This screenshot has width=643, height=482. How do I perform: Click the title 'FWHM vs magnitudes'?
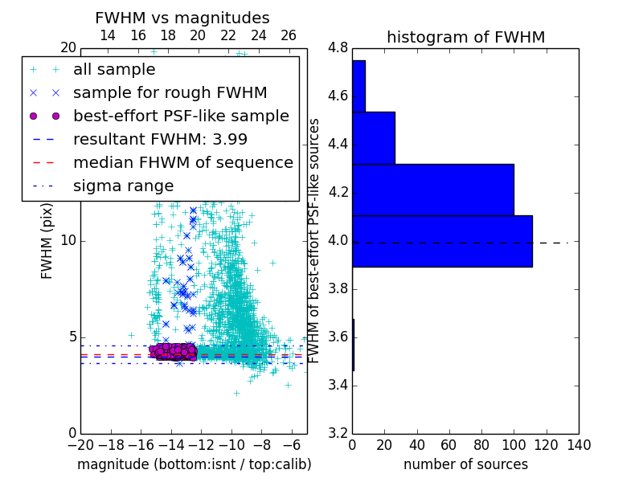tap(182, 18)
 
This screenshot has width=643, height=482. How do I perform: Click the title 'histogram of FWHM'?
tap(465, 37)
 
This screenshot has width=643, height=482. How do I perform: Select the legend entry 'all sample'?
tap(114, 70)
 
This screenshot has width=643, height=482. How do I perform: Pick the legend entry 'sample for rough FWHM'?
tap(170, 92)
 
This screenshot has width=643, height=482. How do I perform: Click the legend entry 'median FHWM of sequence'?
tap(182, 162)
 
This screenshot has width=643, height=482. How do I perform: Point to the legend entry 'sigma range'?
tap(123, 186)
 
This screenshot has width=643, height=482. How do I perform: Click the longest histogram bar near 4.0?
tap(442, 241)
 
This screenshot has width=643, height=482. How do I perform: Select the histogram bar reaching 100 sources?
tap(433, 190)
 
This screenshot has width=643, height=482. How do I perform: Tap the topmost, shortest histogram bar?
tap(358, 86)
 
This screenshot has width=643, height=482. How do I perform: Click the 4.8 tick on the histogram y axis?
tap(338, 48)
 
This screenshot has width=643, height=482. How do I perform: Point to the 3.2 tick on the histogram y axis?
tap(338, 434)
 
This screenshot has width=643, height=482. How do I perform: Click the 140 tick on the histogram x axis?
tap(579, 444)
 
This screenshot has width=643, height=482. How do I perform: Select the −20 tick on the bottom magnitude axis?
tap(80, 444)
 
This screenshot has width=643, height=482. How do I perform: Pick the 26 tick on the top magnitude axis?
tap(289, 35)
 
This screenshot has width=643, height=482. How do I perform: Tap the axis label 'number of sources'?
tap(465, 464)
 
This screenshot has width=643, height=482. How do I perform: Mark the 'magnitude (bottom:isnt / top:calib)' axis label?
tap(194, 464)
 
